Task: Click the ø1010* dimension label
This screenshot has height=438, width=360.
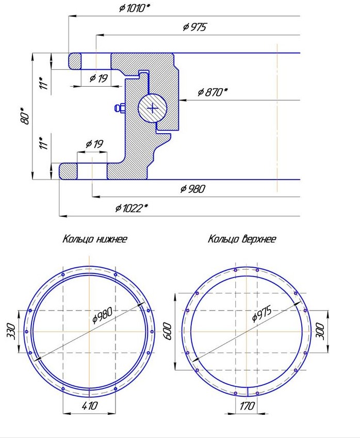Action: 134,8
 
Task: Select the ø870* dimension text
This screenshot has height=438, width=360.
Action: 213,92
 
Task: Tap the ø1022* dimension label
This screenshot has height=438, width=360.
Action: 132,208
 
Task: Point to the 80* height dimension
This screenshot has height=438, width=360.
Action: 25,116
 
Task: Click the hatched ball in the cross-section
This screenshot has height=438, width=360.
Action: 153,108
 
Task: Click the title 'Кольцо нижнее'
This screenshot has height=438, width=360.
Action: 95,239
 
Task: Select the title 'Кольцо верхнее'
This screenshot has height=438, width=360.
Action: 242,239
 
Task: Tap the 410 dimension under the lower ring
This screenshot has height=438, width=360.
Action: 89,405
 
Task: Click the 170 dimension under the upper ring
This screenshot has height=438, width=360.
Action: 247,405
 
